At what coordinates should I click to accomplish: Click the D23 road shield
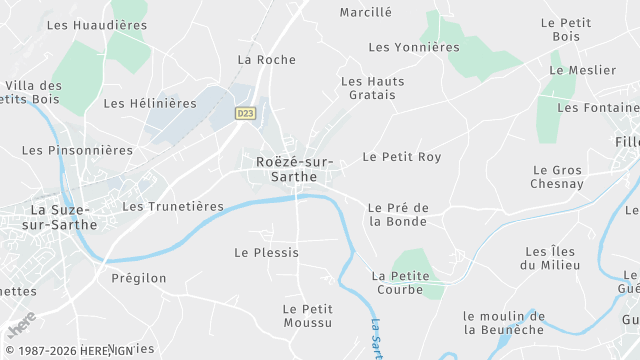point(245,114)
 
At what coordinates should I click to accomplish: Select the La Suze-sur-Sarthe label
point(64,217)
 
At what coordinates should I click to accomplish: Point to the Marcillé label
point(366,13)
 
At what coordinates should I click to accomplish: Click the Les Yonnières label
point(414,47)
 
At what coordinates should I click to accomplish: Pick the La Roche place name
point(266,60)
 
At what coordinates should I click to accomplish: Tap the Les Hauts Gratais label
point(369,88)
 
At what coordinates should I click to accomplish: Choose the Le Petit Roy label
point(401,157)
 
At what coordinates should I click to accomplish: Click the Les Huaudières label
point(97,25)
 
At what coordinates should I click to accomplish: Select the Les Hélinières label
point(150,103)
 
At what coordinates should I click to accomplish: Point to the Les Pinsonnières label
point(77,151)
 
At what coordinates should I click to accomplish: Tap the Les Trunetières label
point(172,206)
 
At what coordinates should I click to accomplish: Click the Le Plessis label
point(266,253)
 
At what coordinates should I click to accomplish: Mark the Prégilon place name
point(139,278)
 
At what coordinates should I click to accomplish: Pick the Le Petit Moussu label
point(307,315)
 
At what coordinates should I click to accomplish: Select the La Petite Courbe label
point(400,282)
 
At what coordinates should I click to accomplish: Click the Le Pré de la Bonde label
point(398,215)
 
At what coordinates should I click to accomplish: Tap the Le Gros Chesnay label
point(558,177)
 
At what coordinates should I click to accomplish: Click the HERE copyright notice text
point(69,351)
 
